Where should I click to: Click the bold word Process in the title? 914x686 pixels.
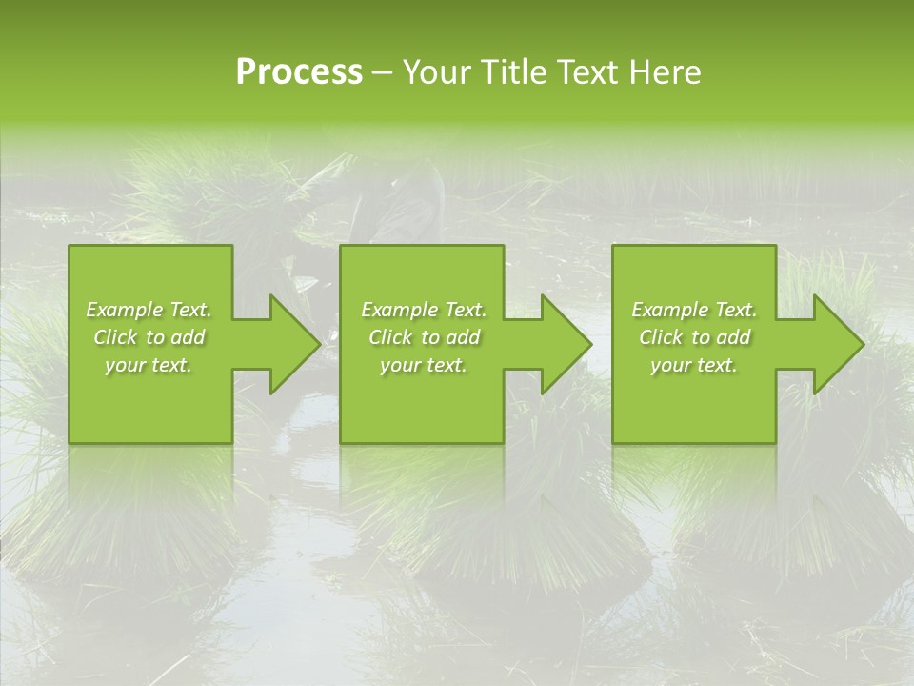pyautogui.click(x=299, y=72)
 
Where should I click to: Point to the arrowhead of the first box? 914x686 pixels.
pyautogui.click(x=290, y=344)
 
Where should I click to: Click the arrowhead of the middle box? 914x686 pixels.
pyautogui.click(x=562, y=344)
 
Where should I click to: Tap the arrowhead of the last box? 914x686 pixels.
pyautogui.click(x=834, y=344)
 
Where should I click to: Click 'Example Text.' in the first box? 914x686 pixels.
pyautogui.click(x=149, y=310)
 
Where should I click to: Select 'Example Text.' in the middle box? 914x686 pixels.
pyautogui.click(x=424, y=310)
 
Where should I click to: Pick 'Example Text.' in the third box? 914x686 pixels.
pyautogui.click(x=694, y=310)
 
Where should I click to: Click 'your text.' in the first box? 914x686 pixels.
pyautogui.click(x=149, y=365)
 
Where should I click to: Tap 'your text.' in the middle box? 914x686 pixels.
pyautogui.click(x=423, y=365)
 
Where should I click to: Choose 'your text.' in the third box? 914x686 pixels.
pyautogui.click(x=694, y=365)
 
